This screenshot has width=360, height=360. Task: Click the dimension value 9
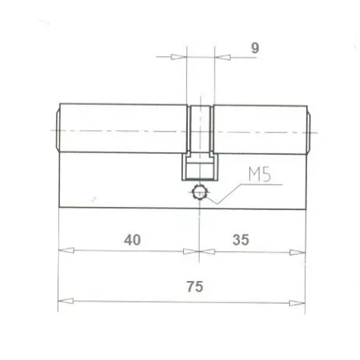[254, 47]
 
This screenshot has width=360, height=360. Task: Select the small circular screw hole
[201, 191]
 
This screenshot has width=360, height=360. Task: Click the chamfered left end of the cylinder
[57, 129]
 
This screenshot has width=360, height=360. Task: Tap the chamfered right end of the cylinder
[309, 129]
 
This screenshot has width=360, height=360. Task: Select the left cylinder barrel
[122, 129]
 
